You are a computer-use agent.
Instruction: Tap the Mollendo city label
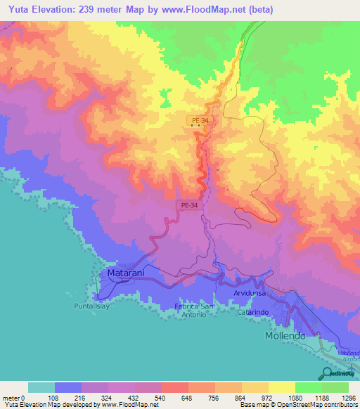[x=285, y=336]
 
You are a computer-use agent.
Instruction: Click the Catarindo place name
[x=255, y=310]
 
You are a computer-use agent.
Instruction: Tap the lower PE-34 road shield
[x=187, y=205]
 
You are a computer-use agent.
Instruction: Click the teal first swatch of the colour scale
[x=41, y=387]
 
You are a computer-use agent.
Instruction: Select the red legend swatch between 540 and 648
[x=174, y=387]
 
